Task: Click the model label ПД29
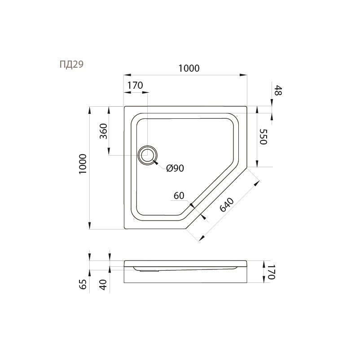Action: click(71, 65)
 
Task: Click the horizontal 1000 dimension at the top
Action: click(189, 68)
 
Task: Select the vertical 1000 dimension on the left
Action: click(83, 164)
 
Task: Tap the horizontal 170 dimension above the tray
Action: click(135, 86)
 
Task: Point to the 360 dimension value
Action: click(104, 131)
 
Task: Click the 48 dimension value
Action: click(278, 90)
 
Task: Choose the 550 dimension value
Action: click(263, 137)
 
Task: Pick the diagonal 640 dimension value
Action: click(227, 204)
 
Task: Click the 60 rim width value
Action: click(179, 195)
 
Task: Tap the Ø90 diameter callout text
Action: click(175, 168)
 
